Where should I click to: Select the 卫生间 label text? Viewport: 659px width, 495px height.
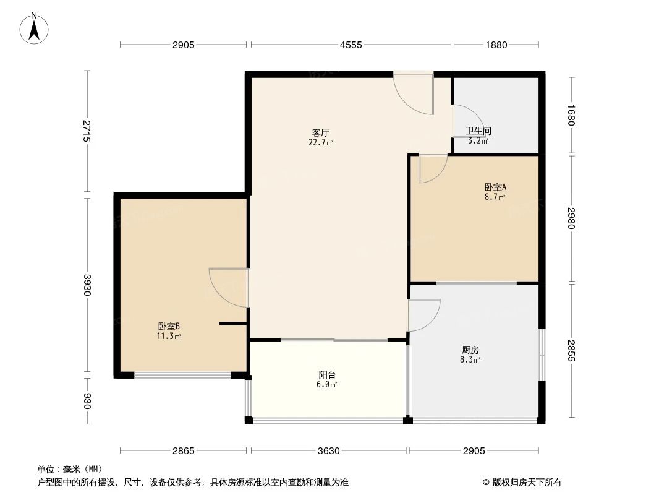[x=478, y=131]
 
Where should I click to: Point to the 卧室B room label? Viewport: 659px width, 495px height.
[x=168, y=326]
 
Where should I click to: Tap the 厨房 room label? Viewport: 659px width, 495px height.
[x=470, y=350]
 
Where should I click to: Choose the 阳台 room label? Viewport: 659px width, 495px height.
[x=327, y=375]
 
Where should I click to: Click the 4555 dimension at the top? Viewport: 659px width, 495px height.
[x=351, y=45]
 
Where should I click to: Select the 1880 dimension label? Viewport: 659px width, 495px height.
[x=496, y=45]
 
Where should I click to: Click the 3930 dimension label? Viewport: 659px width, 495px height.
[x=87, y=285]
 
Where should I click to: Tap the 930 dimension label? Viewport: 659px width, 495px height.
[x=87, y=402]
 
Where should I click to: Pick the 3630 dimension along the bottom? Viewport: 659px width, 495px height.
[x=328, y=450]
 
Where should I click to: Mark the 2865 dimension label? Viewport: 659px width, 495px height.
[x=184, y=450]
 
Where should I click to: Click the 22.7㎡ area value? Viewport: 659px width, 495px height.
[x=321, y=142]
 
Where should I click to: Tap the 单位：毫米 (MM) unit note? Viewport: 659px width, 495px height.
[x=69, y=469]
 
